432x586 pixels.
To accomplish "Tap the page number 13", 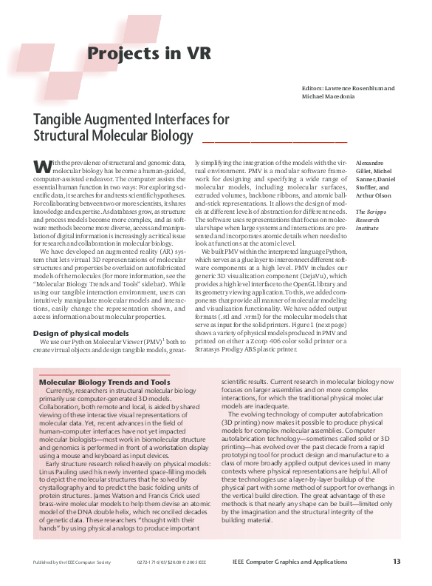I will [397, 562].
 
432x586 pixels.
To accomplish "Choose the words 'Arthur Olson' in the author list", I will [374, 195].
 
